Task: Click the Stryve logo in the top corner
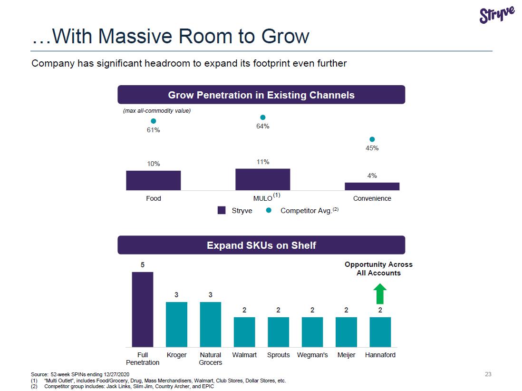497,14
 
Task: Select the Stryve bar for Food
153,180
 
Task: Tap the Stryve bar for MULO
262,179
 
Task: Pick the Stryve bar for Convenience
372,186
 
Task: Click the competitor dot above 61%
154,121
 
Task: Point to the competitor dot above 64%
262,117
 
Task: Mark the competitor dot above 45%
372,139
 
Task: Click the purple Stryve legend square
222,210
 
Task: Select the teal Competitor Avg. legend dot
269,210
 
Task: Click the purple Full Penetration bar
143,309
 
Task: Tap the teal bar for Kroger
176,324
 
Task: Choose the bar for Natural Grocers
211,324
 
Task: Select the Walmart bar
244,332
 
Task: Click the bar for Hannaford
380,332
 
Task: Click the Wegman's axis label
312,355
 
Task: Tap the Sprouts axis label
279,355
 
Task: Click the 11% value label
263,162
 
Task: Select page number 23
488,374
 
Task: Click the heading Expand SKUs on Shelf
261,245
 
